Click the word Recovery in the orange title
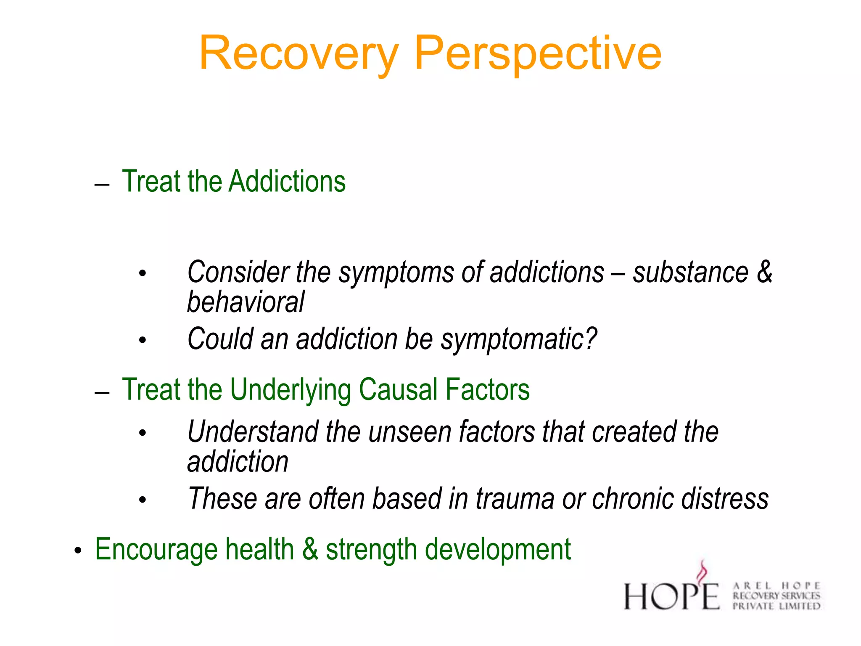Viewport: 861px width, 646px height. click(298, 54)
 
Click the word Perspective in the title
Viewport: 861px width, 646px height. click(538, 54)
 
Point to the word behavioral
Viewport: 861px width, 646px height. click(246, 302)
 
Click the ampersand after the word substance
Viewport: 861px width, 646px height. click(764, 272)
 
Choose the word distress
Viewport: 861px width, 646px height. click(725, 499)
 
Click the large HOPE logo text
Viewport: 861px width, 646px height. click(671, 596)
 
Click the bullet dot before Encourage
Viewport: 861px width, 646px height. click(77, 551)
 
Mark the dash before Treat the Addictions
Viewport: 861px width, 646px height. click(102, 184)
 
